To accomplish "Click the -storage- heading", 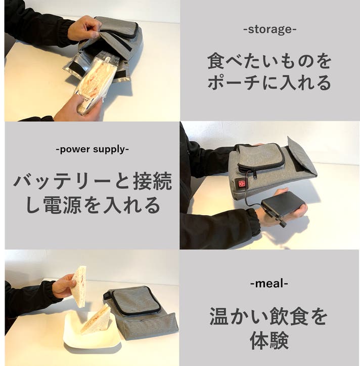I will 269,29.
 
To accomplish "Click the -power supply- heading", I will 92,149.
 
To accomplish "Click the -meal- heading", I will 269,283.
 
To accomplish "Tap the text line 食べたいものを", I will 269,62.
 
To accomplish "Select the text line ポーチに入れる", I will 269,82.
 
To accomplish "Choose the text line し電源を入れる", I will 92,205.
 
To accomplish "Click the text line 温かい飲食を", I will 269,317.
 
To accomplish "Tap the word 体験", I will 269,341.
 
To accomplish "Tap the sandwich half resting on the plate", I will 96,318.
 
